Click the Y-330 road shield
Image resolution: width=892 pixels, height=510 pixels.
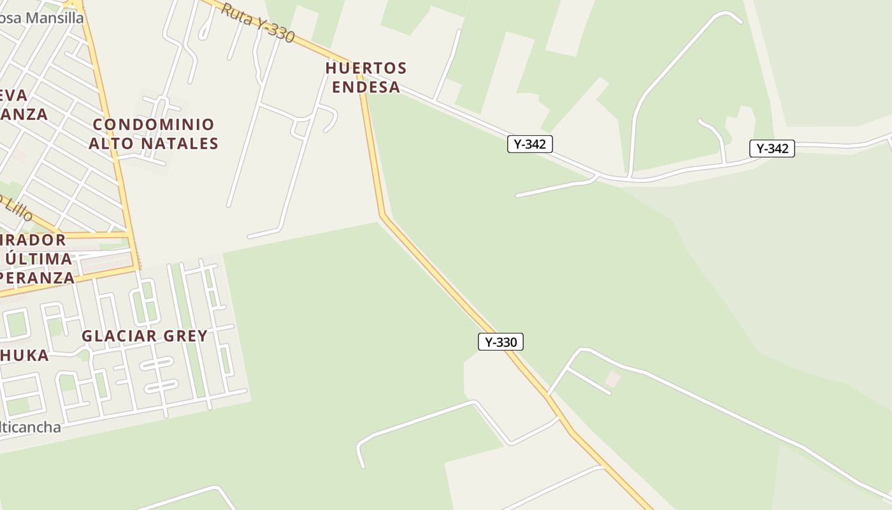click(501, 342)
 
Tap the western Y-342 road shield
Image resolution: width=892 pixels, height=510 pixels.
click(529, 144)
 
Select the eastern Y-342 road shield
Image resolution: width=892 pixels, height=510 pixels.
click(772, 149)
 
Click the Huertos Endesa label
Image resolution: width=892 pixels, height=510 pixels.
click(366, 77)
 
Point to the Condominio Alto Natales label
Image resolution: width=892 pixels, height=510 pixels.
click(154, 134)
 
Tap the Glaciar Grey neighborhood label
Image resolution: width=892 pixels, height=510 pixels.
click(145, 336)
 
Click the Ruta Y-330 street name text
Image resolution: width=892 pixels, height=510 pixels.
click(257, 22)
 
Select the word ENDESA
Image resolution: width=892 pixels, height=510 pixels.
click(366, 87)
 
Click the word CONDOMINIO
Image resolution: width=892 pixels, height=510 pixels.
click(154, 124)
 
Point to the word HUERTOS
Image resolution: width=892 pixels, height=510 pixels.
click(366, 68)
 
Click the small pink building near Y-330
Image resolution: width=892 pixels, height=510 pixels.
click(613, 379)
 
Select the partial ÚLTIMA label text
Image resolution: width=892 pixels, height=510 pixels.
click(38, 259)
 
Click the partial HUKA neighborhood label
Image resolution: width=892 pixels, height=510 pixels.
click(24, 355)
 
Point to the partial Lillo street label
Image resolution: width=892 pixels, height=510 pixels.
click(17, 208)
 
